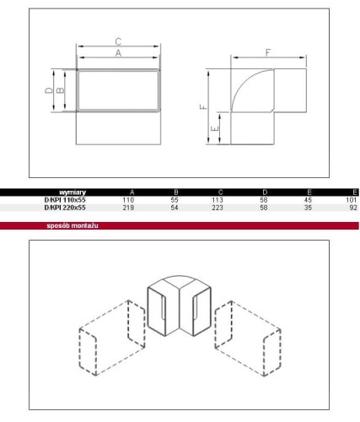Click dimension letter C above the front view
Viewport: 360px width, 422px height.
(x=118, y=41)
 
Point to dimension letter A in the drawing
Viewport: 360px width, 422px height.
(x=118, y=53)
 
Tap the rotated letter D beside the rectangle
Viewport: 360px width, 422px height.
(x=49, y=90)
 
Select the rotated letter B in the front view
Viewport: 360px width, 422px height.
(x=60, y=90)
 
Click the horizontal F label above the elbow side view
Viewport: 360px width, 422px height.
(x=268, y=52)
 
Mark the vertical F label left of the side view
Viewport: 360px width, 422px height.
(x=203, y=107)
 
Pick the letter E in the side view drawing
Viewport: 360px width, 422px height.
(x=215, y=128)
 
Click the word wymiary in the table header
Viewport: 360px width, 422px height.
(x=73, y=192)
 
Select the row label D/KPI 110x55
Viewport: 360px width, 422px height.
(x=65, y=200)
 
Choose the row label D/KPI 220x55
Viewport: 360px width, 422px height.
(x=65, y=208)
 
